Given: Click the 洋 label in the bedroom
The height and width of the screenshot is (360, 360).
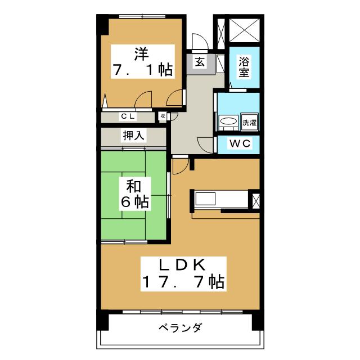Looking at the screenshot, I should [x=141, y=55].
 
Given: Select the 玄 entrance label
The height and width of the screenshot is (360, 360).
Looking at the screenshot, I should [x=200, y=62].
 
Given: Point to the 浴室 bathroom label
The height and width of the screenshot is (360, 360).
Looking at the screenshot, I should [x=244, y=66].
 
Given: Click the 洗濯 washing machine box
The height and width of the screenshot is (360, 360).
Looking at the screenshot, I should [x=250, y=122].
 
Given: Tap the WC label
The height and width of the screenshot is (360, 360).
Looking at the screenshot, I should [x=238, y=144].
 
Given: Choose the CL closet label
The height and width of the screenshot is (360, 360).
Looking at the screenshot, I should [x=127, y=116].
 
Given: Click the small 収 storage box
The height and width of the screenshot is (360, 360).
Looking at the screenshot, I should [x=163, y=116].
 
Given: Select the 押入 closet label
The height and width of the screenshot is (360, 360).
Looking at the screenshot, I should [x=134, y=136].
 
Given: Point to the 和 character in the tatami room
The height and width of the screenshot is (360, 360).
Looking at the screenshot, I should [x=134, y=186].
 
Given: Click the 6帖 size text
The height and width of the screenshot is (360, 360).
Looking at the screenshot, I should [x=134, y=202].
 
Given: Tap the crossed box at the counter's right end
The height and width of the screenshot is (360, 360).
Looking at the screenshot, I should [x=256, y=200].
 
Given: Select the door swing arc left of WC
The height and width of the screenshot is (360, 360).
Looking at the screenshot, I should [x=209, y=144].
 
